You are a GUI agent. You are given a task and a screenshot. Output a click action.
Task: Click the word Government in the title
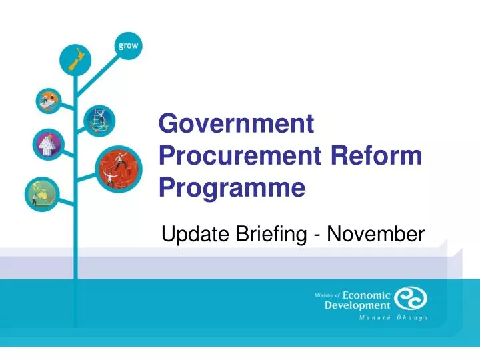[236, 125]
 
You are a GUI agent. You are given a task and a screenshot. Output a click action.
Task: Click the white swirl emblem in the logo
[411, 299]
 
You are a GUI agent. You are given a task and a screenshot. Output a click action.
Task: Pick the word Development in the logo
[357, 306]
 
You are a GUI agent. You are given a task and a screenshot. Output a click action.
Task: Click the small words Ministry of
[327, 295]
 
